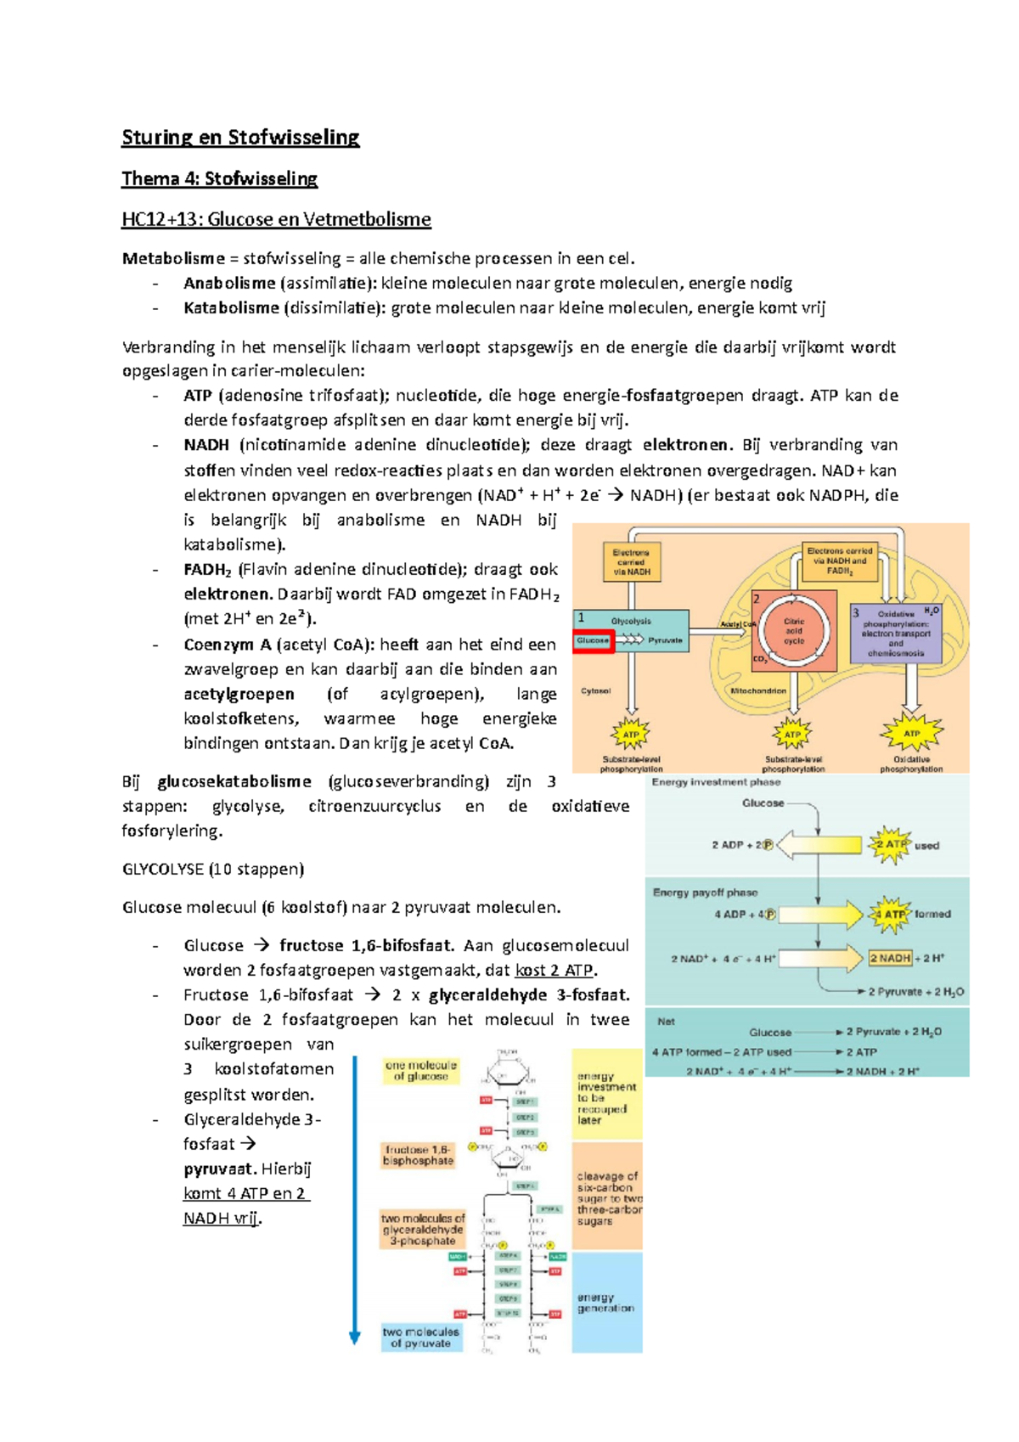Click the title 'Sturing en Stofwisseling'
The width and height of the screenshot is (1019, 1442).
(240, 138)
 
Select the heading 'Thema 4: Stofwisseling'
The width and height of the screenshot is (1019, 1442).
(219, 178)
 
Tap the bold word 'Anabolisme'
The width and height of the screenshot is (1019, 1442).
(229, 283)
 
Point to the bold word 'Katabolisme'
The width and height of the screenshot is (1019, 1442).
(231, 307)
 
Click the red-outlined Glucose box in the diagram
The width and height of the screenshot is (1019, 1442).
(594, 641)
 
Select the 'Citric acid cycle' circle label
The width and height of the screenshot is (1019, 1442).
(793, 631)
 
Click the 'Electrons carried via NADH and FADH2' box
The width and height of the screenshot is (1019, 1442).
(839, 561)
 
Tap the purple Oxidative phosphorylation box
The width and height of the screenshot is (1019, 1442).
(896, 634)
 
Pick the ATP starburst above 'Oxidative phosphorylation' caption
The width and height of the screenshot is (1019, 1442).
(911, 733)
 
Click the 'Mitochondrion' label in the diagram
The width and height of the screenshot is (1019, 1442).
(758, 690)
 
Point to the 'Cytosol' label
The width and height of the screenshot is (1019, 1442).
(596, 690)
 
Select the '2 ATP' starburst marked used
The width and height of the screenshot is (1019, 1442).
(890, 844)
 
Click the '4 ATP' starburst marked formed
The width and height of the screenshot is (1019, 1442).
(889, 915)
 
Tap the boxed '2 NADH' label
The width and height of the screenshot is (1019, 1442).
(889, 958)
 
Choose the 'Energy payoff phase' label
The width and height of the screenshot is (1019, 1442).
(705, 893)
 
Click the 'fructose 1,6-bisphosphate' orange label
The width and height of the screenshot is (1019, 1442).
(419, 1155)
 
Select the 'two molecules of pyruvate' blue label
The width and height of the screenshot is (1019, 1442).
(420, 1338)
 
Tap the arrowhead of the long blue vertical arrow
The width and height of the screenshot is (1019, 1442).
(355, 1338)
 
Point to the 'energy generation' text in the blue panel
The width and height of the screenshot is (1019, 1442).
(605, 1303)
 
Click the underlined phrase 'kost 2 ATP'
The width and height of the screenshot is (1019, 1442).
(555, 970)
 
